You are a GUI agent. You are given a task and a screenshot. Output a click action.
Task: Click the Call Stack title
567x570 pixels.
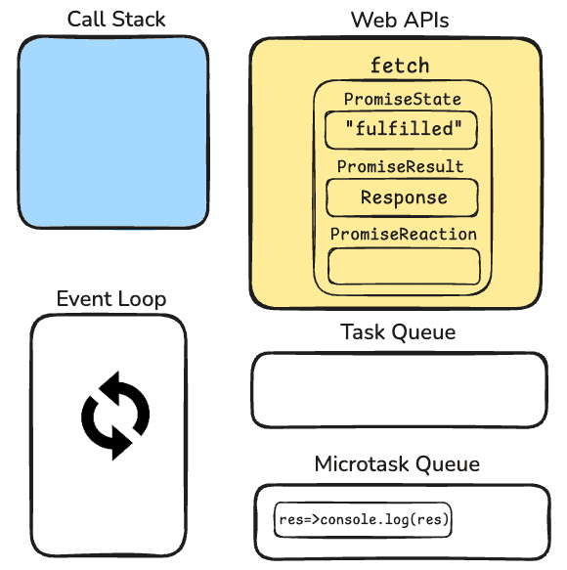pos(116,20)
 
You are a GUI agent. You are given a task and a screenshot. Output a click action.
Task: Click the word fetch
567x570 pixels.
pos(399,66)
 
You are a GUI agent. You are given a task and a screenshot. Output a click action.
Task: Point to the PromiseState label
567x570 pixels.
pos(402,100)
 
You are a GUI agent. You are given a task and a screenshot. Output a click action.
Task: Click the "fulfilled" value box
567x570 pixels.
pos(401,130)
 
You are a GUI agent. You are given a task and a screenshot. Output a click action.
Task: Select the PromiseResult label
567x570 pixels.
pos(401,167)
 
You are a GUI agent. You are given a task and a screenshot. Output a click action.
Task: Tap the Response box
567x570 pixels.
pos(403,197)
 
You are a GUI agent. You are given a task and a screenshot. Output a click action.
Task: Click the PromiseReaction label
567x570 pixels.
pos(403,235)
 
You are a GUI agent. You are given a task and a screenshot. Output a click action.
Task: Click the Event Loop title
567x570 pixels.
pos(111,299)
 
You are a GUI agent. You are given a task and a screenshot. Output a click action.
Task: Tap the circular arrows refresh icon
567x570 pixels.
pos(114,415)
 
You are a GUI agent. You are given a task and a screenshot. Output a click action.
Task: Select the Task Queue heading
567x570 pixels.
pos(398,332)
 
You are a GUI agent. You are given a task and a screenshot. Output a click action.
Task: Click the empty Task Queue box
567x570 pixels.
pos(399,390)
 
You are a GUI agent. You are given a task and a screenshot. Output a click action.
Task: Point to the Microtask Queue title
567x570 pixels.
pos(397,463)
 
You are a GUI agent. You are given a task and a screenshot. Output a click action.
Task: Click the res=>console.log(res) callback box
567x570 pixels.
pos(364,520)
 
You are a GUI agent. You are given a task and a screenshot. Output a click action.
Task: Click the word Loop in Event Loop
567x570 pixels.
pos(142,299)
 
